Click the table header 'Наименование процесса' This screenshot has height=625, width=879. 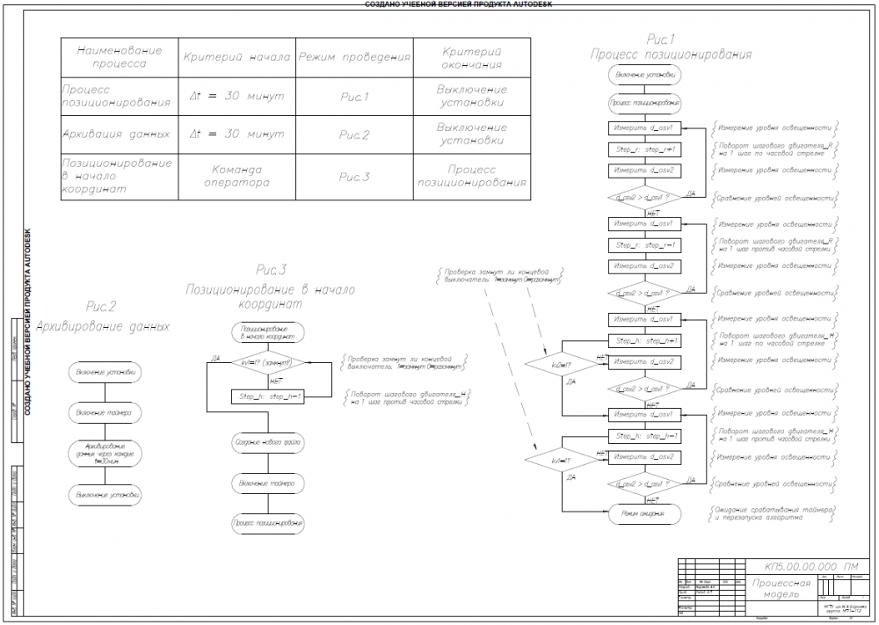point(119,57)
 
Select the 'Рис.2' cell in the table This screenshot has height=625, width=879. point(354,135)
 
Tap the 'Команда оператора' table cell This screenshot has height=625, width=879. point(236,176)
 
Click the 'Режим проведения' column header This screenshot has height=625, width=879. point(354,57)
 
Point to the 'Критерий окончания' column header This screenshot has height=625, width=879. point(472,57)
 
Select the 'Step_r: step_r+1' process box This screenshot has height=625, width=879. point(645,149)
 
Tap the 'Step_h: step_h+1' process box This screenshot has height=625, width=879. point(645,340)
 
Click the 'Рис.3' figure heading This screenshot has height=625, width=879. point(271,269)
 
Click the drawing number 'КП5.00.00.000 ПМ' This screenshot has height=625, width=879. point(799,566)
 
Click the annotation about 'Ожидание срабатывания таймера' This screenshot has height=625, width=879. point(774,513)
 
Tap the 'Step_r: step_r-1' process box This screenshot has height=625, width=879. point(645,244)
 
